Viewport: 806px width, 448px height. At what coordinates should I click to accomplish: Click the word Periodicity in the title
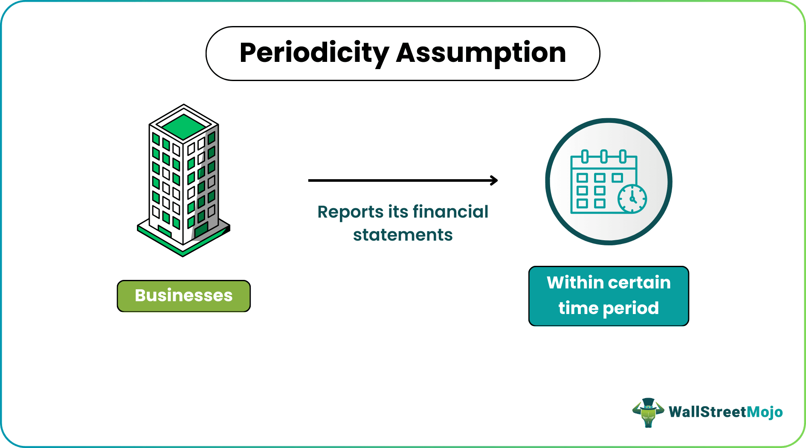(x=314, y=53)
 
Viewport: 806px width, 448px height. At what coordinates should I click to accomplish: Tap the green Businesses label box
(x=183, y=296)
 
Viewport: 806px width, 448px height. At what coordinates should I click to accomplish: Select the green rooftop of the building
(x=184, y=127)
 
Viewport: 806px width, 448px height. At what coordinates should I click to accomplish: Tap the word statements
(x=403, y=235)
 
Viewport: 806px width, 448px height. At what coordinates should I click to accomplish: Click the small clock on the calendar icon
(x=632, y=199)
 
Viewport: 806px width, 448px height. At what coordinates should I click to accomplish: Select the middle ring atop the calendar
(x=604, y=156)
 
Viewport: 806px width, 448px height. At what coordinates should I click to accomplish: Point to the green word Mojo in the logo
(x=765, y=412)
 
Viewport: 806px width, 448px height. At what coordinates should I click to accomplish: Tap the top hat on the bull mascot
(x=648, y=402)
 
